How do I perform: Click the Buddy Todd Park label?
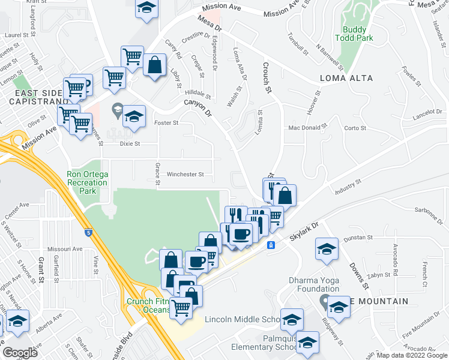(x=358, y=34)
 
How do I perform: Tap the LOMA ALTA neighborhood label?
(x=346, y=79)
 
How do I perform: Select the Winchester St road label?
(x=185, y=175)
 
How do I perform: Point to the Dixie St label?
(x=129, y=144)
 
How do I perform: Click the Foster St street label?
(x=167, y=123)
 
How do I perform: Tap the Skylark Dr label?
(x=305, y=228)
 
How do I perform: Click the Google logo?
(x=20, y=353)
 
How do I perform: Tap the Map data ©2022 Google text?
(x=411, y=355)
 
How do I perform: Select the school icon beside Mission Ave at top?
(x=146, y=8)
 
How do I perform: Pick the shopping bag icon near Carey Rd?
(x=154, y=64)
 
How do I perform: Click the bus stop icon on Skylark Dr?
(x=271, y=245)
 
